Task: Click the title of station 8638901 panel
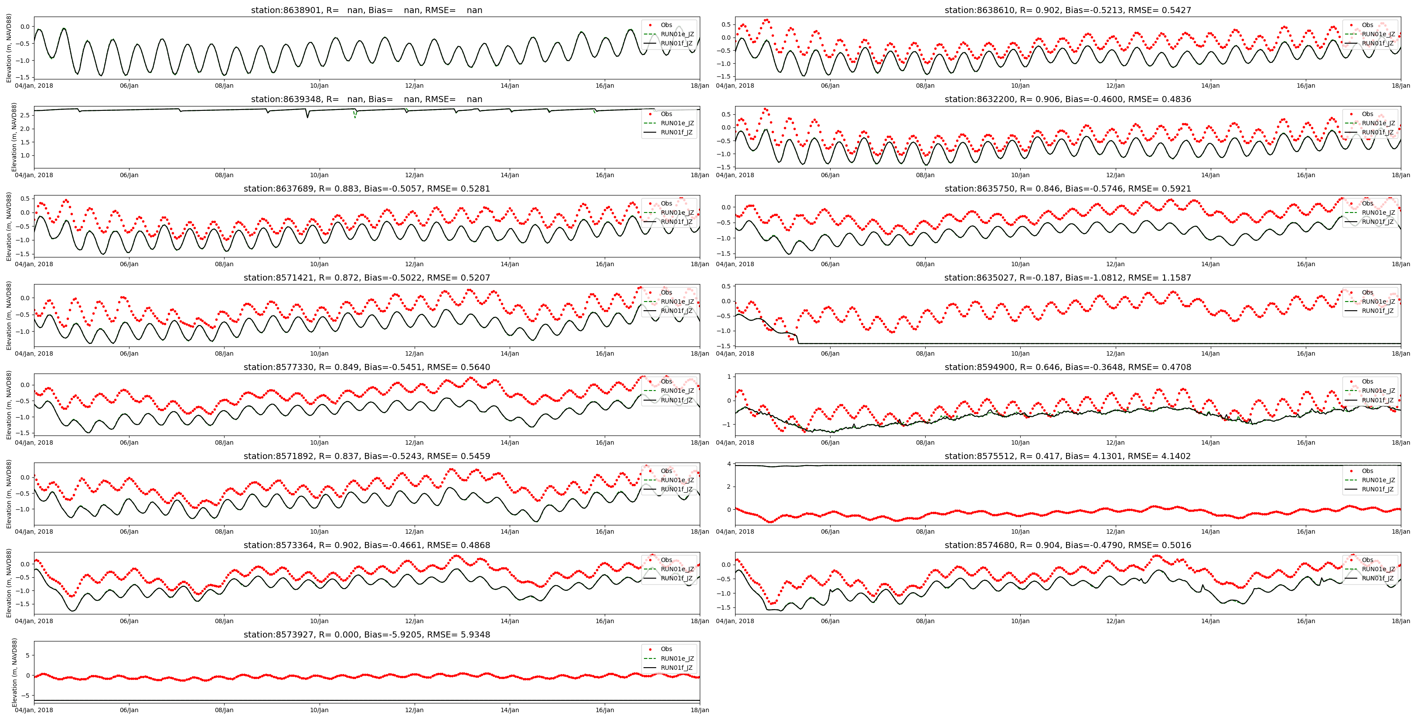(x=366, y=10)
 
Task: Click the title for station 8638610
(x=1067, y=10)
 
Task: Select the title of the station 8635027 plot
(x=1067, y=278)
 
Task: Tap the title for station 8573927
(x=366, y=634)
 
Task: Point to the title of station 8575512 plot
(x=1067, y=456)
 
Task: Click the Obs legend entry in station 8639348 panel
(x=666, y=114)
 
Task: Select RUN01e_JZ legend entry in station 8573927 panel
(x=677, y=658)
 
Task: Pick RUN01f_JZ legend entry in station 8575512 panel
(x=1378, y=489)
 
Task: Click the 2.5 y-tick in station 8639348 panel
(x=25, y=115)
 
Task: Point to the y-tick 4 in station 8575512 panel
(x=728, y=464)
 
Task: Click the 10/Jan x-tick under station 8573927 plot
(x=319, y=710)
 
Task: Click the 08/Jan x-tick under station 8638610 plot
(x=925, y=86)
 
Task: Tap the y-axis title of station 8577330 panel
(x=9, y=405)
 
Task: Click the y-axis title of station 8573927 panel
(x=14, y=672)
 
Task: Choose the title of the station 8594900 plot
(x=1067, y=367)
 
